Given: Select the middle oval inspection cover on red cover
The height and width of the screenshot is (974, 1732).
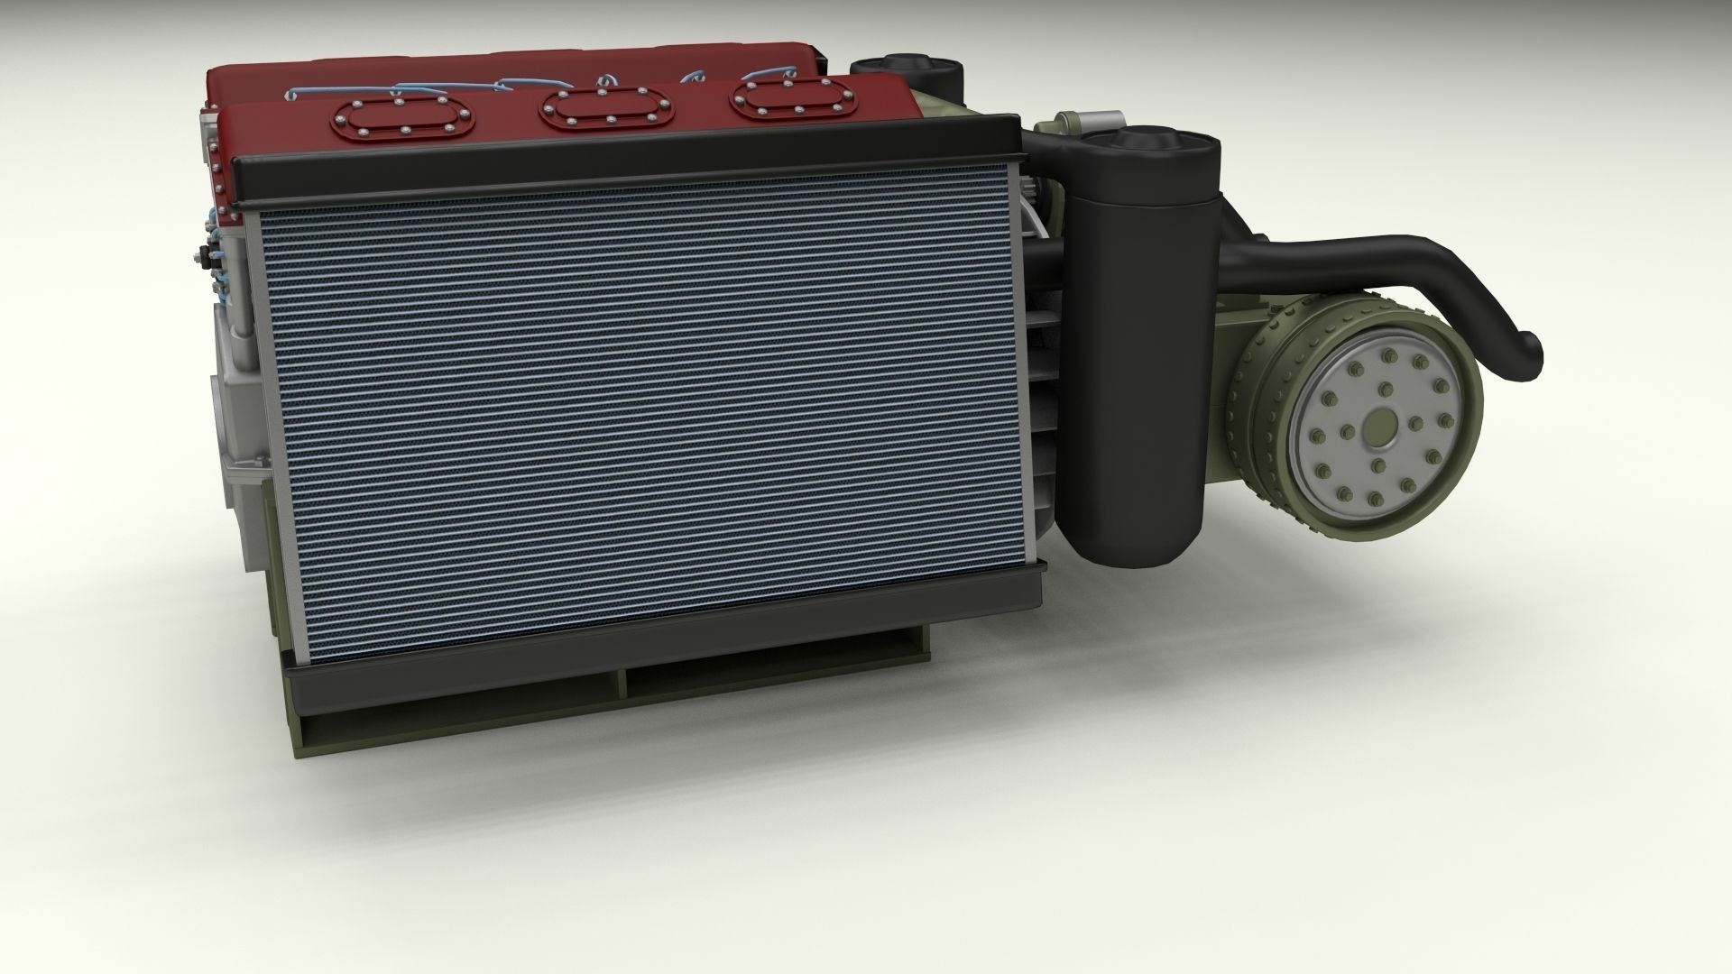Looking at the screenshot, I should coord(606,109).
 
